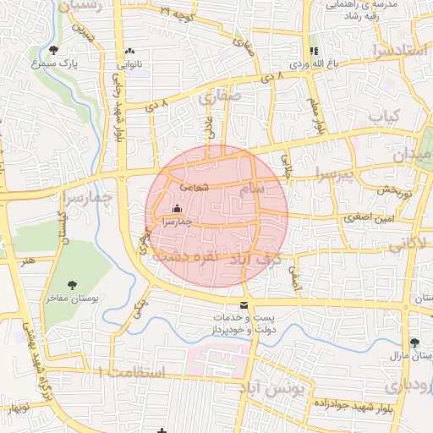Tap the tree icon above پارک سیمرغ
tap(54, 50)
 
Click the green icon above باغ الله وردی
tap(314, 51)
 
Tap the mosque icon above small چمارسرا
tap(177, 208)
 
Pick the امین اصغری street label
tap(365, 218)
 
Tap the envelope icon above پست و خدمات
tap(244, 304)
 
